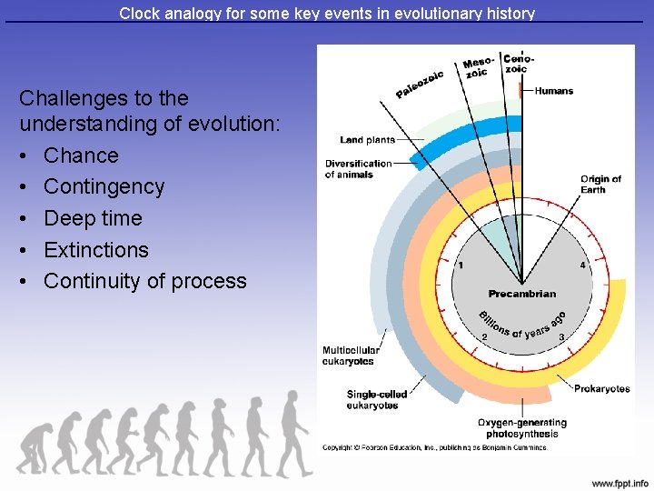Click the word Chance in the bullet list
click(81, 155)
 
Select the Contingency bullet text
click(104, 187)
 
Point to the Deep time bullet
click(93, 218)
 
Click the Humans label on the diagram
click(554, 91)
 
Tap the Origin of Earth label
click(600, 184)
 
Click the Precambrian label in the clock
click(521, 294)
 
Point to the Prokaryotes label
click(601, 389)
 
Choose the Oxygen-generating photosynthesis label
click(521, 427)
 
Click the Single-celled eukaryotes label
click(376, 399)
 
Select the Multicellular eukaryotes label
click(351, 356)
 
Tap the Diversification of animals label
click(358, 169)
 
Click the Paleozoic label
click(420, 84)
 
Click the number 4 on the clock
click(582, 266)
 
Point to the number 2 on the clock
click(484, 337)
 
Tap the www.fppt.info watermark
click(619, 482)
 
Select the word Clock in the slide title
click(138, 14)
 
